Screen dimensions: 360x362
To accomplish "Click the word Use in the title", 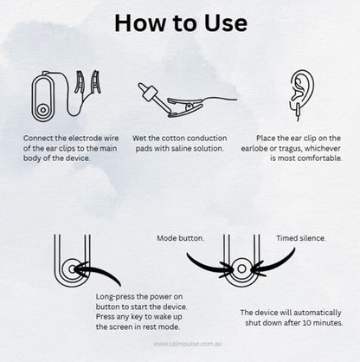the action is tap(226, 23).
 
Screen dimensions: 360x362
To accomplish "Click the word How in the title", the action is tap(136, 23).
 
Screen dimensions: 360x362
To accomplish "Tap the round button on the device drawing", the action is tap(43, 110).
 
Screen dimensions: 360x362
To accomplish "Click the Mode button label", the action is tap(181, 238).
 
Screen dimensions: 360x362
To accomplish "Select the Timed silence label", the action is tap(301, 238).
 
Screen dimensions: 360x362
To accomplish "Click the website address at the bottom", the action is tap(188, 344).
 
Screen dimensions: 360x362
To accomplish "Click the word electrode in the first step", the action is tap(86, 139).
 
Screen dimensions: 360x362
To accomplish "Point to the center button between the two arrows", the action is tap(241, 269).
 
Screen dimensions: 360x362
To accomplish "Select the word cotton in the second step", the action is tap(173, 139).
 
